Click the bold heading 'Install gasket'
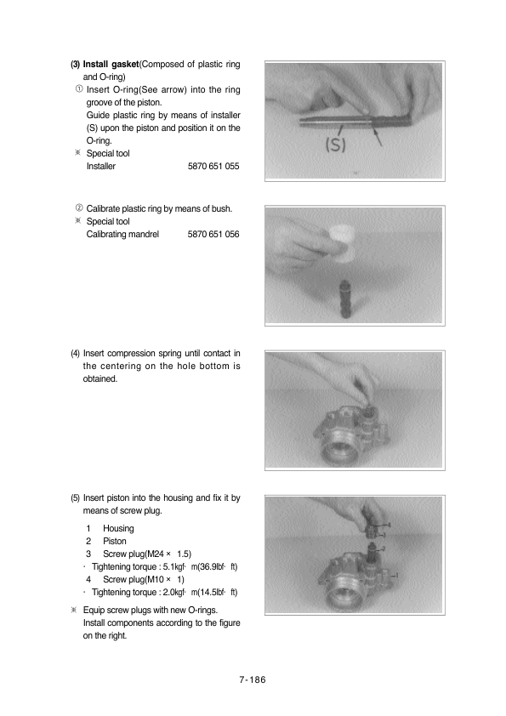coord(111,65)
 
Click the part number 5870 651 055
coord(213,166)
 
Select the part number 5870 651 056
coord(213,234)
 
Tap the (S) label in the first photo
coord(335,145)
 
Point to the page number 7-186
coord(253,679)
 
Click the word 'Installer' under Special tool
coord(101,166)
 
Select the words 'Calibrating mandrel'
coord(122,234)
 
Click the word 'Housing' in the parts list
coord(118,528)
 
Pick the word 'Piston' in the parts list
coord(115,541)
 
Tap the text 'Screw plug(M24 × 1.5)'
coord(147,554)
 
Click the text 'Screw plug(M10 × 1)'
coord(144,579)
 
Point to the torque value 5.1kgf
coord(174,566)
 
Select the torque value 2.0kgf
coord(174,592)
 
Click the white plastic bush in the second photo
coord(342,243)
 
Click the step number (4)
coord(75,354)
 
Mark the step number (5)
coord(75,498)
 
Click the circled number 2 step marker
coord(79,208)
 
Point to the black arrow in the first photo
coord(378,136)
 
